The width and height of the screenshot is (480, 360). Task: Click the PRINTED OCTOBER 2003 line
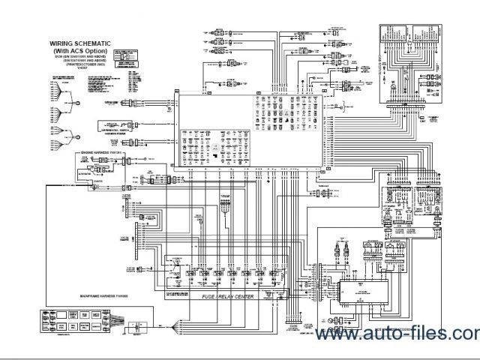coord(83,65)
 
